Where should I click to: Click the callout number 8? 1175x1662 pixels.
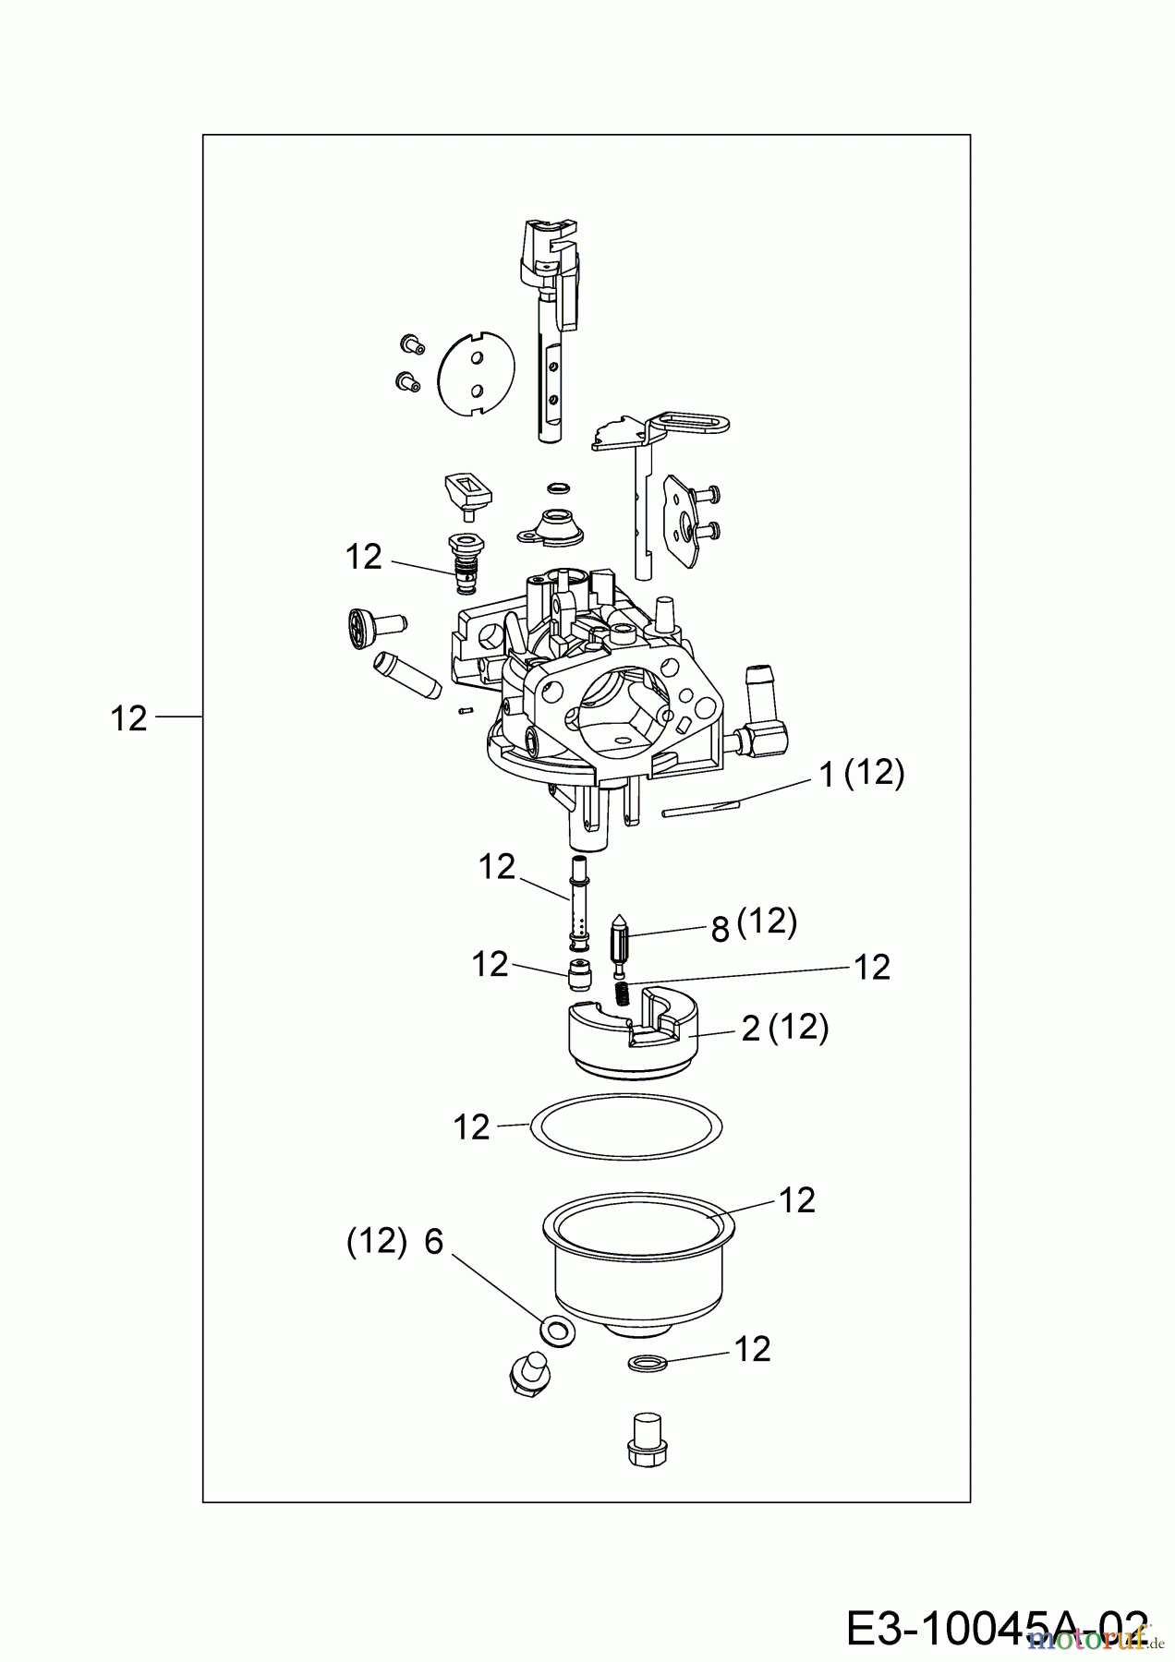tap(721, 928)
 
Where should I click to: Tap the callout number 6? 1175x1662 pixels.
tap(434, 1243)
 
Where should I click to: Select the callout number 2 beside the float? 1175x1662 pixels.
tap(751, 1029)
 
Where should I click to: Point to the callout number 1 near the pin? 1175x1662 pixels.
tap(827, 777)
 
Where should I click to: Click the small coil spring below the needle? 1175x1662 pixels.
tap(624, 994)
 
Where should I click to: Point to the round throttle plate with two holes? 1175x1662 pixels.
tap(474, 370)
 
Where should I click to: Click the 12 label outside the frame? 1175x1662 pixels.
tap(128, 718)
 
